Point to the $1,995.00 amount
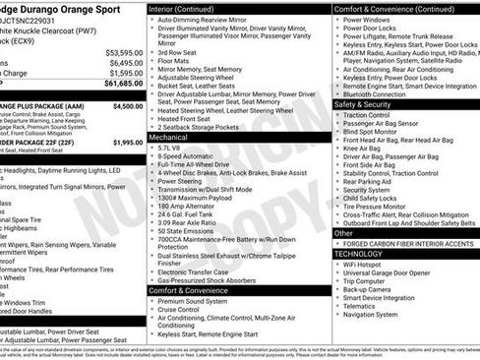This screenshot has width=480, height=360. point(127,143)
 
